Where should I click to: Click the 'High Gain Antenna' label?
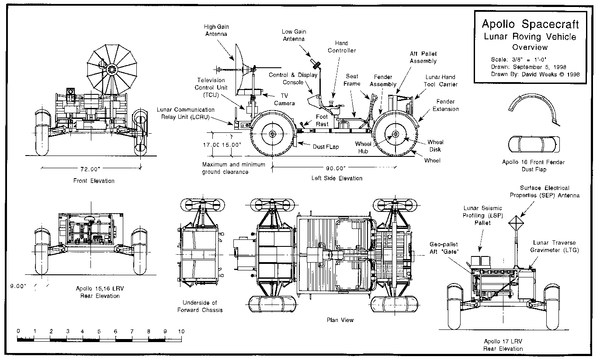click(216, 30)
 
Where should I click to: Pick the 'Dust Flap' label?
click(326, 147)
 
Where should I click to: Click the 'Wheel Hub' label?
click(363, 147)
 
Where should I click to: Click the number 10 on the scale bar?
click(181, 331)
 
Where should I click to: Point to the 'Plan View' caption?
click(340, 320)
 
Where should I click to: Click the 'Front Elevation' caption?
click(94, 181)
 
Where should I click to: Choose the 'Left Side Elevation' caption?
click(336, 178)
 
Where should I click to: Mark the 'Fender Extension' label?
click(446, 105)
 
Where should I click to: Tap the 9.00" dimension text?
click(18, 286)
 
